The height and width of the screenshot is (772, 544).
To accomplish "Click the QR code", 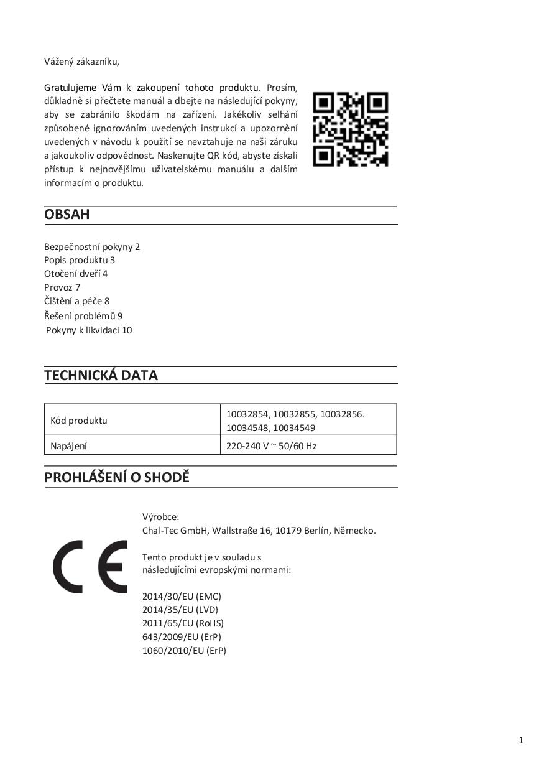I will (350, 129).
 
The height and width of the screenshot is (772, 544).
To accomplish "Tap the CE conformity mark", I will (90, 567).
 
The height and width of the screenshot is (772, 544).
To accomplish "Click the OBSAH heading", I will (67, 215).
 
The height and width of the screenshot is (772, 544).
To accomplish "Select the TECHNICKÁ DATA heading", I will (101, 375).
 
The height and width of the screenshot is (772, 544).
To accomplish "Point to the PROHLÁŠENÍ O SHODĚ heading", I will (117, 478).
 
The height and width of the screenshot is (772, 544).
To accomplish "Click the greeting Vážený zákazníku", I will (81, 61).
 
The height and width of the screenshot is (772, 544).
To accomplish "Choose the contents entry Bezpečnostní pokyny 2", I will (92, 247).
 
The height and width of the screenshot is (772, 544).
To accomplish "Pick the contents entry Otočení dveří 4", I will (76, 274).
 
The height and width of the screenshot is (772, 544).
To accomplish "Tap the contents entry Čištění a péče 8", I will (76, 301).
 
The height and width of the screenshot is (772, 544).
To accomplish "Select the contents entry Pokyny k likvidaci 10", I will (89, 330).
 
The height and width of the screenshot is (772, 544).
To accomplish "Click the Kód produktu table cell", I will (79, 421).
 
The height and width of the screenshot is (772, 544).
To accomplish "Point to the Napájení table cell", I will (69, 445).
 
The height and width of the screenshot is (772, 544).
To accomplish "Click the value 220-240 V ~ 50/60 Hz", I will (272, 445).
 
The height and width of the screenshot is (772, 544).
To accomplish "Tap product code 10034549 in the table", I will (294, 427).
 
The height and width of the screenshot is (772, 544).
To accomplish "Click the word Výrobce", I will (160, 517).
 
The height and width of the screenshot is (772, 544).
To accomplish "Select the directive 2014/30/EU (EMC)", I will (182, 596).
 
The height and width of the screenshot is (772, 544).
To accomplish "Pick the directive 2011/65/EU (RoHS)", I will (183, 623).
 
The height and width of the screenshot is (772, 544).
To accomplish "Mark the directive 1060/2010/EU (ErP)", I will (184, 651).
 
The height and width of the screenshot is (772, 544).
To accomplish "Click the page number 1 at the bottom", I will (521, 740).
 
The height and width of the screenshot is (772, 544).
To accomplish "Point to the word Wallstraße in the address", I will (237, 531).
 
